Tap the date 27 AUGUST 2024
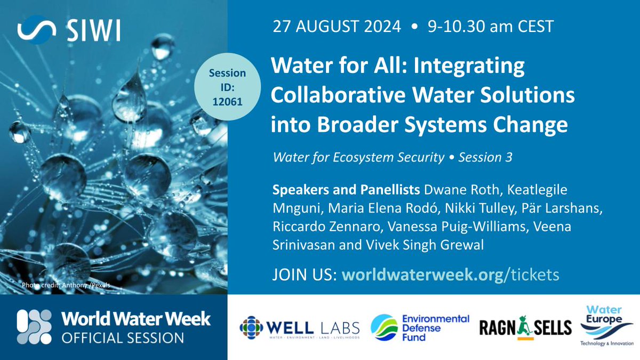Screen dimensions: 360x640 point(337,27)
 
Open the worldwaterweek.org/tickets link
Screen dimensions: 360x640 point(450,274)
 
